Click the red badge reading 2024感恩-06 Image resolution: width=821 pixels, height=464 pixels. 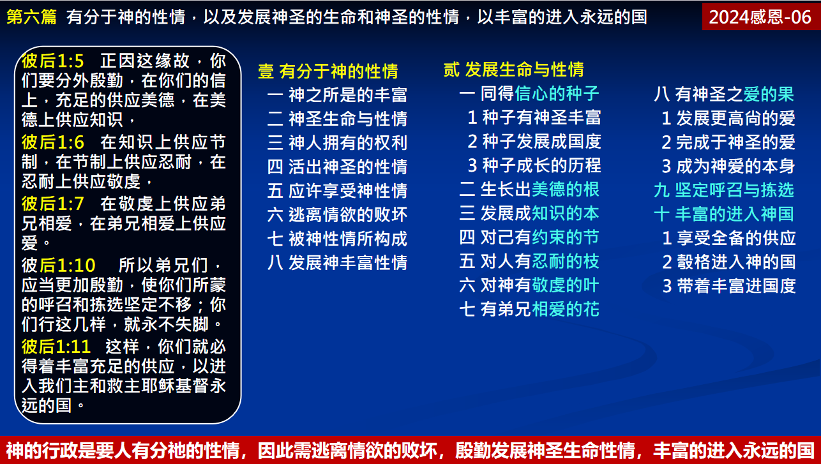pyautogui.click(x=760, y=17)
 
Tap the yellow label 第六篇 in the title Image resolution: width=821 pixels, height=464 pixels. pyautogui.click(x=31, y=17)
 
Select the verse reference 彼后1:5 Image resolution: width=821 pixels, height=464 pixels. pyautogui.click(x=52, y=61)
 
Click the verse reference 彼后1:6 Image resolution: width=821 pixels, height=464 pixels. pyautogui.click(x=52, y=142)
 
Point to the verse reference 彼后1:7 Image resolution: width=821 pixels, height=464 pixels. pyautogui.click(x=52, y=204)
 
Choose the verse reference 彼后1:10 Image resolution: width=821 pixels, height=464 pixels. pyautogui.click(x=58, y=265)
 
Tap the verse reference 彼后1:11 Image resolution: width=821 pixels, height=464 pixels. pyautogui.click(x=56, y=347)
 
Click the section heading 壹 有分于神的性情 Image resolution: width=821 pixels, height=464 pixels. pyautogui.click(x=328, y=71)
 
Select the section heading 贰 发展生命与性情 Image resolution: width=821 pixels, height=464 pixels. pyautogui.click(x=513, y=69)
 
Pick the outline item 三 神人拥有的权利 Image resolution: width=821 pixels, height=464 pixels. pyautogui.click(x=337, y=142)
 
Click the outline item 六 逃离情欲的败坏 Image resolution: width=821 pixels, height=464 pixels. pyautogui.click(x=337, y=214)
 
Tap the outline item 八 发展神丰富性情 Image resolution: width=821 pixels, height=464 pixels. pyautogui.click(x=337, y=262)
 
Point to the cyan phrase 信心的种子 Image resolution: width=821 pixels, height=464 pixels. pyautogui.click(x=557, y=94)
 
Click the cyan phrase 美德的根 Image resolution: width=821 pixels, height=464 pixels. pyautogui.click(x=566, y=189)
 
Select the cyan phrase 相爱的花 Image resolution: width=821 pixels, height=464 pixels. pyautogui.click(x=566, y=310)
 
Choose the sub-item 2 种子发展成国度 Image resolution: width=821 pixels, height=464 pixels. pyautogui.click(x=534, y=141)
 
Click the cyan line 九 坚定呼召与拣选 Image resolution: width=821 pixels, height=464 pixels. pyautogui.click(x=723, y=190)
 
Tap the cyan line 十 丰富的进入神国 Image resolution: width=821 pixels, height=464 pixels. pyautogui.click(x=723, y=214)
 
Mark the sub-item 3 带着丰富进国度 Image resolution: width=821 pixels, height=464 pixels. pyautogui.click(x=728, y=285)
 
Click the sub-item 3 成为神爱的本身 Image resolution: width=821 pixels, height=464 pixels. pyautogui.click(x=728, y=166)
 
